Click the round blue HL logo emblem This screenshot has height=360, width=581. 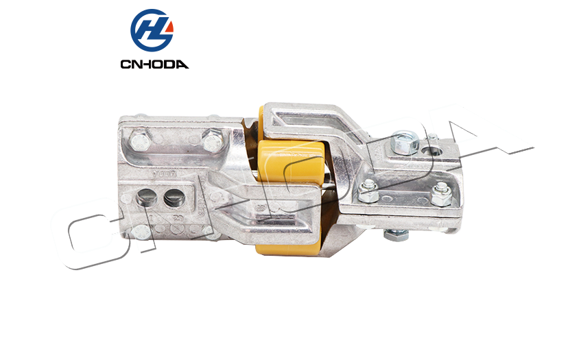coord(152,30)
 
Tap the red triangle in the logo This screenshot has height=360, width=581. coord(169,27)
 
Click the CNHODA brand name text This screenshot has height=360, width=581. coord(154,64)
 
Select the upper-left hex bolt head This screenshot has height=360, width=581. coord(141,142)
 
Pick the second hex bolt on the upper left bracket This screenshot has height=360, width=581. coord(213,141)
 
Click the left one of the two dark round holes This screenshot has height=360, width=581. coord(146,197)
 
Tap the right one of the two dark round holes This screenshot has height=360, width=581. coord(174,197)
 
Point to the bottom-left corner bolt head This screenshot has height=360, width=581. coord(141,232)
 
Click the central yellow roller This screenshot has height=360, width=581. coord(292,160)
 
